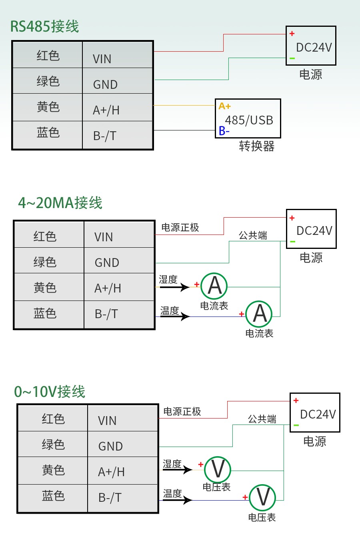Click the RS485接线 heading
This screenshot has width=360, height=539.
(x=44, y=26)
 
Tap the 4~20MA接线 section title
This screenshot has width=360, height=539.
(x=60, y=203)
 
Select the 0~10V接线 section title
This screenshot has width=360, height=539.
(x=50, y=391)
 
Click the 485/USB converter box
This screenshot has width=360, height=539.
(x=248, y=119)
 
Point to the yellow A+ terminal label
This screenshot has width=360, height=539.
(x=224, y=106)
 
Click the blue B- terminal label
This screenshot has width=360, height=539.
(x=224, y=131)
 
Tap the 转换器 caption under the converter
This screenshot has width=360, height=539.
(x=256, y=146)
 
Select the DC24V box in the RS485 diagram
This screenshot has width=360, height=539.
(x=311, y=46)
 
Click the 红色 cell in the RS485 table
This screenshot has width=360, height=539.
(x=48, y=55)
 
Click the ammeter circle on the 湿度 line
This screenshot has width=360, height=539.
(x=214, y=286)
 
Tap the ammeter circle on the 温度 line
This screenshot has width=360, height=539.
(x=259, y=314)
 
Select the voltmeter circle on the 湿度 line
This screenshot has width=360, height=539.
(x=218, y=469)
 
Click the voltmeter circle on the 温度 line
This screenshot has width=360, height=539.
(x=262, y=497)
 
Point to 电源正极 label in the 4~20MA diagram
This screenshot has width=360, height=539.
(x=180, y=228)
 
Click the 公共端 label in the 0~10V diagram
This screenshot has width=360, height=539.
(x=262, y=419)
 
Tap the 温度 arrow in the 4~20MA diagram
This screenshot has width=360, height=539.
(x=175, y=316)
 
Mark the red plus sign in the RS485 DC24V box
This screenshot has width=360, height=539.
(x=292, y=34)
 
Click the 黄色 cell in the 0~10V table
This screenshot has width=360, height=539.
(x=53, y=470)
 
